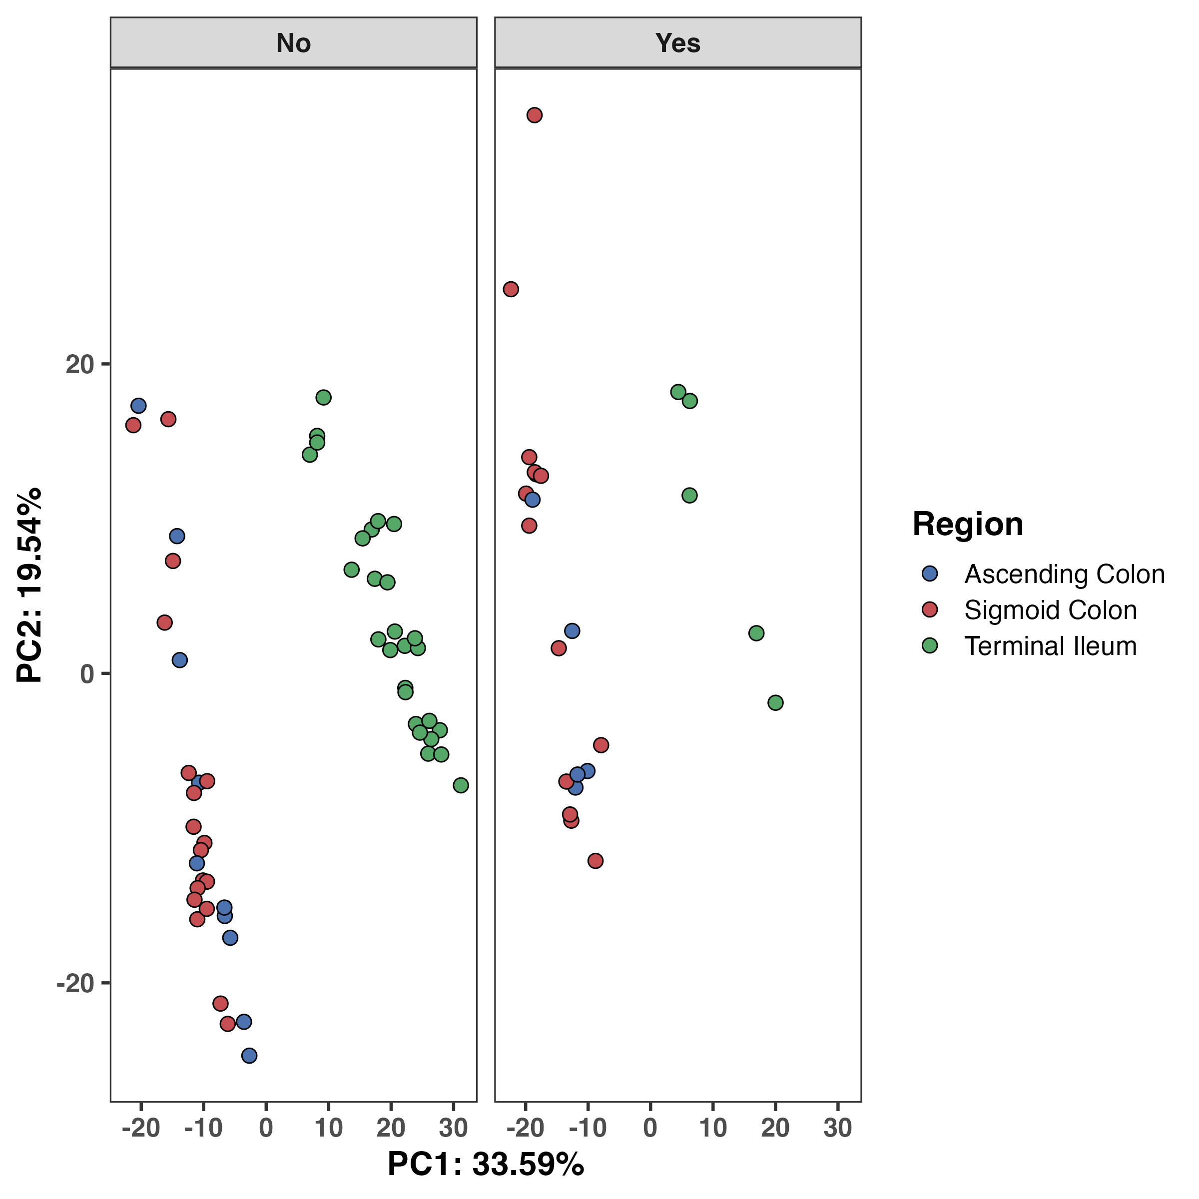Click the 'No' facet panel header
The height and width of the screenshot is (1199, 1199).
point(294,43)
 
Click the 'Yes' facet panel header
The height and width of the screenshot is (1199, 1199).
point(678,43)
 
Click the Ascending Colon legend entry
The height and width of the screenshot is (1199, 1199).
point(1064,574)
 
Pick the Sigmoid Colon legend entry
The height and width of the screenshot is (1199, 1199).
point(1050,610)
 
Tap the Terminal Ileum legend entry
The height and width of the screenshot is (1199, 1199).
point(1050,646)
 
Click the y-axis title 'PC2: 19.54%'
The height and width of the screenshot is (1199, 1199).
point(29,585)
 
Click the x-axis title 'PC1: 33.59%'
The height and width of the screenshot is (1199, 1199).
point(485,1164)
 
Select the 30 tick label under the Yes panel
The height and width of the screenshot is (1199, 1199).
point(837,1127)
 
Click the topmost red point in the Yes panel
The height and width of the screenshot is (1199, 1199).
point(535,115)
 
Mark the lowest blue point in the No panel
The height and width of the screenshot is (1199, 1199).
point(249,1056)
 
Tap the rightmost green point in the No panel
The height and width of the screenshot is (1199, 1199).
point(461,785)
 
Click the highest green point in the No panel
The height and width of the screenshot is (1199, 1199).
point(323,397)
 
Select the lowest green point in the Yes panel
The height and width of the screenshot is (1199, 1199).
point(775,702)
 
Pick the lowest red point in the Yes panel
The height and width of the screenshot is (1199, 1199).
point(595,861)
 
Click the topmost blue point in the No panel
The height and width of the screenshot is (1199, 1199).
point(138,406)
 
